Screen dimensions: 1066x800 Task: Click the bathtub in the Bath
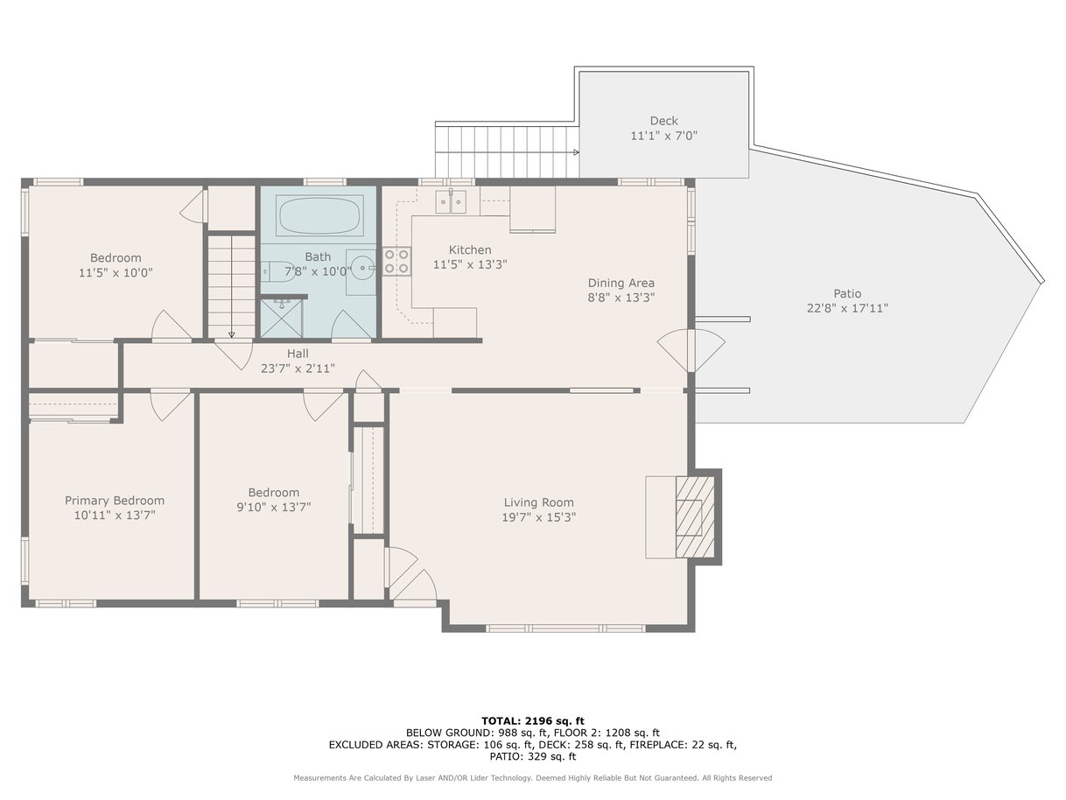coord(319,215)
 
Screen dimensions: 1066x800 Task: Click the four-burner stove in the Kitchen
coord(396,261)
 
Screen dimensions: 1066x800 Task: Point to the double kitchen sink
coord(451,201)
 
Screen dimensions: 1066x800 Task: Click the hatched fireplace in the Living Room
coord(695,516)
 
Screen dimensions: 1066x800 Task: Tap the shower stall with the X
coord(281,318)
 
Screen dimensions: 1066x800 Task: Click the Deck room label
coord(663,121)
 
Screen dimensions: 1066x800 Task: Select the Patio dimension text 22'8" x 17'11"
coord(847,308)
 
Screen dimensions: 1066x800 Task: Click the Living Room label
coord(538,502)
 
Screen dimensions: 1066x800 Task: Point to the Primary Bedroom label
coord(115,501)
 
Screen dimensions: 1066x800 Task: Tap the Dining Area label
coord(621,283)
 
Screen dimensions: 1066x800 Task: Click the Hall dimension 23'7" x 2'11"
coord(298,368)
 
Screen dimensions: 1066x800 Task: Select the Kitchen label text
coord(470,249)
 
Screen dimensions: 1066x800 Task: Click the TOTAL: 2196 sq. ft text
coord(533,721)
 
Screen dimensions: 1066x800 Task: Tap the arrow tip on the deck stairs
coord(578,152)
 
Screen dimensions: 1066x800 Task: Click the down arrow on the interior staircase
coord(232,335)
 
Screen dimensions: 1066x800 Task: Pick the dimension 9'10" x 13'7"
coord(273,507)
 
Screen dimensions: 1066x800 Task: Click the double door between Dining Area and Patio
coord(691,350)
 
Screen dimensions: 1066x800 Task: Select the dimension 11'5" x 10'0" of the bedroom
coord(116,272)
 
